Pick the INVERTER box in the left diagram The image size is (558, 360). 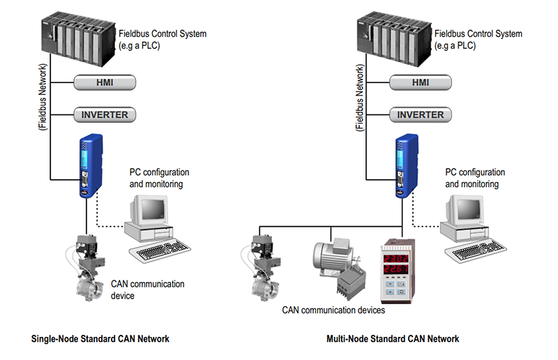pyautogui.click(x=104, y=114)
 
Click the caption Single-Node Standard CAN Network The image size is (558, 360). pyautogui.click(x=100, y=339)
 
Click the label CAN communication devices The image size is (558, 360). pyautogui.click(x=333, y=309)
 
